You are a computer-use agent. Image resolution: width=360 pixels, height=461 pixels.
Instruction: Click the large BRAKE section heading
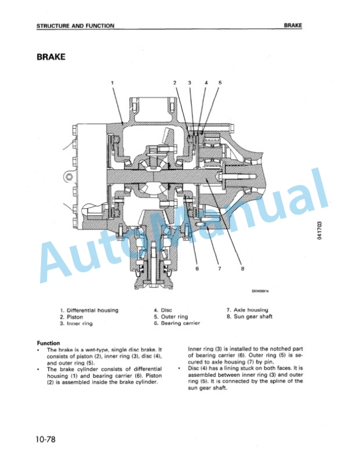[x=51, y=56]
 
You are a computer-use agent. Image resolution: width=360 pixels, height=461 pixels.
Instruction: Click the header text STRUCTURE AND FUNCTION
[x=75, y=26]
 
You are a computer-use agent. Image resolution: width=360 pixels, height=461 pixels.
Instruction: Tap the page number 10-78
[x=46, y=439]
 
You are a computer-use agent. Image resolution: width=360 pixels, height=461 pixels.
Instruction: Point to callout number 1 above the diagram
[x=112, y=83]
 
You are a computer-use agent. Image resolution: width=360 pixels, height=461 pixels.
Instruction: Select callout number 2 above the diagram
[x=175, y=83]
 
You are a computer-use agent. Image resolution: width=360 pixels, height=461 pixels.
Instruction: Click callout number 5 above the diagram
[x=220, y=83]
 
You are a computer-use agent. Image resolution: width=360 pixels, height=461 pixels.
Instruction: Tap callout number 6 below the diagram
[x=197, y=268]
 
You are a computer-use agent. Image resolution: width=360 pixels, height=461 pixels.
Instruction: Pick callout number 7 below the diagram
[x=219, y=268]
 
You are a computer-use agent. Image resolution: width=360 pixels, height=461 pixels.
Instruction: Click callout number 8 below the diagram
[x=242, y=268]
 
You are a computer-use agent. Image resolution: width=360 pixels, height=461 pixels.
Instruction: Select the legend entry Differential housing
[x=89, y=310]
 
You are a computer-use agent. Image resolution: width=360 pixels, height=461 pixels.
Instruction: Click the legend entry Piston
[x=72, y=317]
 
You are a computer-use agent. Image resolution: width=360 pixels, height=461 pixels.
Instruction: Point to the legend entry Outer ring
[x=171, y=316]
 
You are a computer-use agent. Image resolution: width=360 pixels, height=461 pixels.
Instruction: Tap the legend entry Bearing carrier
[x=177, y=323]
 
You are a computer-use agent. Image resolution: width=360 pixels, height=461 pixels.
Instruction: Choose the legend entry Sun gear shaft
[x=249, y=316]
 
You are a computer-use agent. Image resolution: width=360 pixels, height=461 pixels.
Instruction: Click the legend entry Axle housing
[x=247, y=310]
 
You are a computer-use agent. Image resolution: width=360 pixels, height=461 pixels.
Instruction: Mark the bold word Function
[x=48, y=343]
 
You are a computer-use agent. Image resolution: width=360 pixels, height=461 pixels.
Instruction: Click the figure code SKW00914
[x=260, y=291]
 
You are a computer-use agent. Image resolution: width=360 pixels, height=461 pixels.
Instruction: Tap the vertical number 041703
[x=320, y=230]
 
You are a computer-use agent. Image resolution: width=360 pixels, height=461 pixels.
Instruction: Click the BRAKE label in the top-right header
[x=293, y=26]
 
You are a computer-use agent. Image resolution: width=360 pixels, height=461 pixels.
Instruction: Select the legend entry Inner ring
[x=76, y=323]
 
